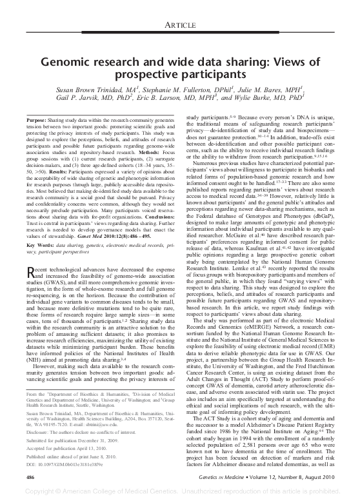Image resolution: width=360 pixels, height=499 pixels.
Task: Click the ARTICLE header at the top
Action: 180,24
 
